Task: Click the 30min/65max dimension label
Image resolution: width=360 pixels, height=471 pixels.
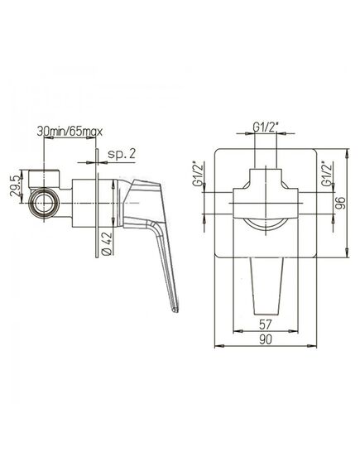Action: click(70, 132)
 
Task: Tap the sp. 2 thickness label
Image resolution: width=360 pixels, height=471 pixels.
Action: click(122, 154)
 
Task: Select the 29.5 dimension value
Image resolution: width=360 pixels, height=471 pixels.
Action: click(16, 186)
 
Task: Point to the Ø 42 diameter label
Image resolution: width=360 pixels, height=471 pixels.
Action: click(108, 244)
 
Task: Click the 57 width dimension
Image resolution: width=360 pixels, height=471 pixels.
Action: click(265, 324)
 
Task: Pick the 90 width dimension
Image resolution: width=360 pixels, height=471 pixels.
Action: click(266, 339)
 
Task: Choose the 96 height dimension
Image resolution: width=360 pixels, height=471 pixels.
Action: click(341, 203)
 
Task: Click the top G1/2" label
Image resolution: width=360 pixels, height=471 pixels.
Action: click(265, 127)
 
